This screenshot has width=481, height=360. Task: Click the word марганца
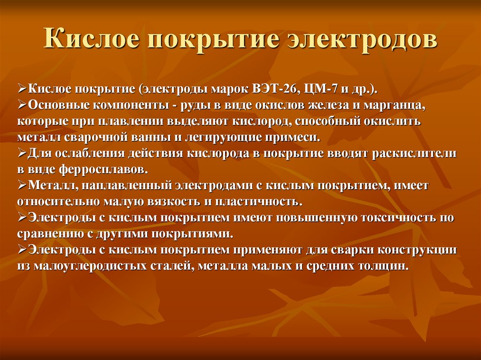(x=397, y=105)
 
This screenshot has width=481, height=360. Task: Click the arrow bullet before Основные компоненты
(x=22, y=105)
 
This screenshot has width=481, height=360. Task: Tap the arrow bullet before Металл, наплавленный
(x=22, y=186)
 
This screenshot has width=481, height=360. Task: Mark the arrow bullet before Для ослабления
(x=22, y=153)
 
